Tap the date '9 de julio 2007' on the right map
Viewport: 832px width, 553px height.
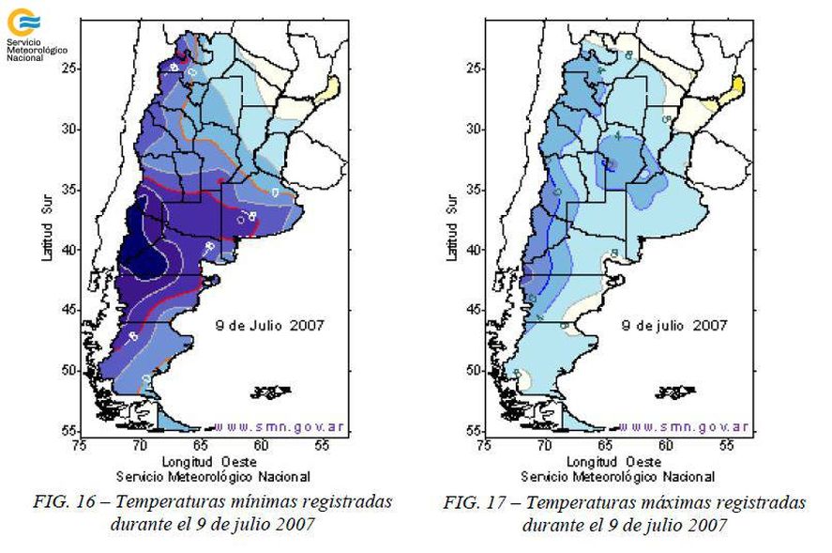pyautogui.click(x=676, y=326)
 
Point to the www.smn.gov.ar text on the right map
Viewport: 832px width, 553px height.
pyautogui.click(x=684, y=426)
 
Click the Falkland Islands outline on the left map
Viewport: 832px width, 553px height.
pyautogui.click(x=272, y=391)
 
